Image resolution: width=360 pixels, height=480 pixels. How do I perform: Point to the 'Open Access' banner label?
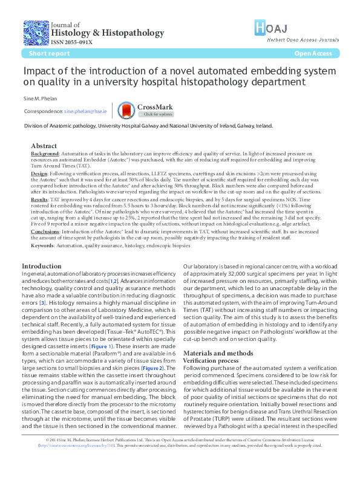pyautogui.click(x=313, y=54)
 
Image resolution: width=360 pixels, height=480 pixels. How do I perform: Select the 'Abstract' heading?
pyautogui.click(x=44, y=146)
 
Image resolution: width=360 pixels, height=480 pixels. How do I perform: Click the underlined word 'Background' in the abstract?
pyautogui.click(x=45, y=154)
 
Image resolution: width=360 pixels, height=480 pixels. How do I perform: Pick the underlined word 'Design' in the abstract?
pyautogui.click(x=39, y=173)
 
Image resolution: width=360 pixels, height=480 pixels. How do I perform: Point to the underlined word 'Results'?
pyautogui.click(x=39, y=198)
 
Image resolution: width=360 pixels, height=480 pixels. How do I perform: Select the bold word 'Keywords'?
pyautogui.click(x=44, y=246)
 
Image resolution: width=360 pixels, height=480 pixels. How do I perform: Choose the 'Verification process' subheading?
pyautogui.click(x=209, y=360)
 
